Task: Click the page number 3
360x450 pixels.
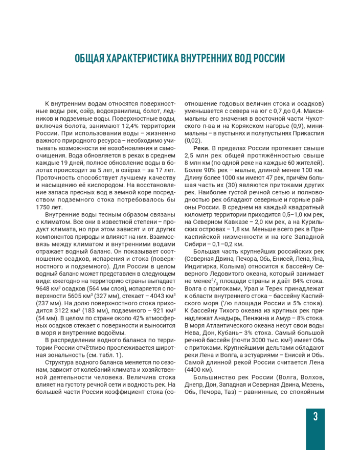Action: tap(316, 416)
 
